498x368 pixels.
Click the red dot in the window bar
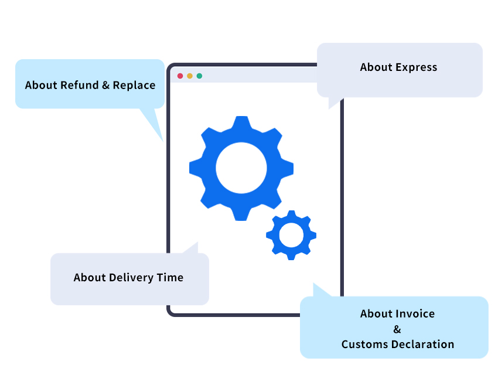pyautogui.click(x=180, y=76)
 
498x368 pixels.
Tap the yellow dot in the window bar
pyautogui.click(x=190, y=76)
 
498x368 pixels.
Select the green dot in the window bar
pyautogui.click(x=199, y=76)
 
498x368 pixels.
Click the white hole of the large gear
pyautogui.click(x=241, y=168)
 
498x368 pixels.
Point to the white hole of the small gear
pyautogui.click(x=291, y=235)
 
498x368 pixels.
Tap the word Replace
pyautogui.click(x=134, y=86)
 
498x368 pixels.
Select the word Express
pyautogui.click(x=417, y=67)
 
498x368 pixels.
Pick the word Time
pyautogui.click(x=170, y=278)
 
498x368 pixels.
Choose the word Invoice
pyautogui.click(x=415, y=314)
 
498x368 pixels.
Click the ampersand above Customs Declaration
pyautogui.click(x=397, y=329)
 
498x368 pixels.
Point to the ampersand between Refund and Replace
pyautogui.click(x=105, y=86)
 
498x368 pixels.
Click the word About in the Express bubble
pyautogui.click(x=376, y=67)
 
